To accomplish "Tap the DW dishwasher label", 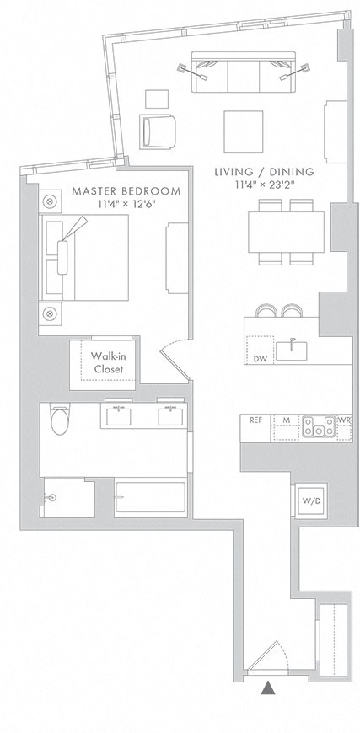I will pyautogui.click(x=260, y=358).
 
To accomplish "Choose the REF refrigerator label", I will pyautogui.click(x=255, y=420).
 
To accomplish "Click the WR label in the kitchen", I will pyautogui.click(x=344, y=420).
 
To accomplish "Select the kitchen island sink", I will pyautogui.click(x=293, y=348).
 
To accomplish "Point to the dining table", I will pyautogui.click(x=286, y=232).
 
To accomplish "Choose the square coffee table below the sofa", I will pyautogui.click(x=244, y=131).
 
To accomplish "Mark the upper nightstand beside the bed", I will pyautogui.click(x=50, y=202).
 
